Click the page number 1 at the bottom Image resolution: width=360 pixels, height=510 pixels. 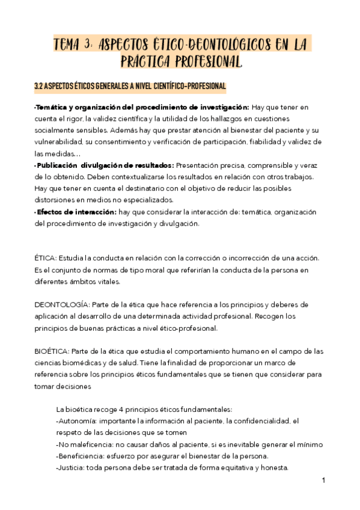pyautogui.click(x=323, y=481)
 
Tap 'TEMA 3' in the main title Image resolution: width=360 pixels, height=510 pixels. pyautogui.click(x=73, y=45)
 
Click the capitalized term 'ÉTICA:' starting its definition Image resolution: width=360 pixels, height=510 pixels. pyautogui.click(x=46, y=258)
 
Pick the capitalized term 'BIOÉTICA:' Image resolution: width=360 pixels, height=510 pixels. pyautogui.click(x=52, y=351)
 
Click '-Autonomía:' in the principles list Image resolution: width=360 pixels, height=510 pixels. pyautogui.click(x=75, y=422)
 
